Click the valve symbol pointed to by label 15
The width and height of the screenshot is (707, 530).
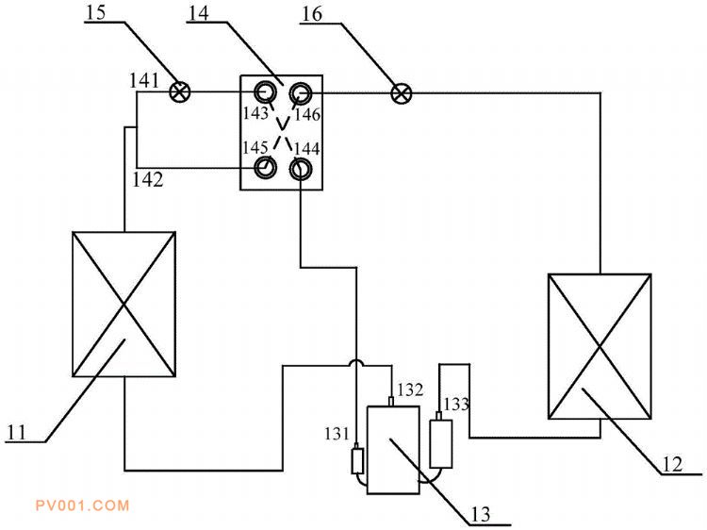click(179, 92)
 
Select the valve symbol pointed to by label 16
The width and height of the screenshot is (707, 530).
click(401, 93)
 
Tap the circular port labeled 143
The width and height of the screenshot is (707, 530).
click(266, 92)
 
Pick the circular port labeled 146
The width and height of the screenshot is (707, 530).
click(300, 93)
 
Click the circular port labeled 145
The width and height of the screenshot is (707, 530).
click(266, 168)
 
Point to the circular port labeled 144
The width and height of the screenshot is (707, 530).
click(300, 170)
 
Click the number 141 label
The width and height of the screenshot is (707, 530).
click(144, 81)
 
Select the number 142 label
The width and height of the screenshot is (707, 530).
click(147, 179)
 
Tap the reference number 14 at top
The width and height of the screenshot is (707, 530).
click(198, 13)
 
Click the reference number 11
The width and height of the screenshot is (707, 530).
click(17, 433)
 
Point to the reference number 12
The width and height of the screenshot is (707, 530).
click(672, 464)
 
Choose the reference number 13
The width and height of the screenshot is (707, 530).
click(481, 514)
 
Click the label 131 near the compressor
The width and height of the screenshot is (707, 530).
click(337, 434)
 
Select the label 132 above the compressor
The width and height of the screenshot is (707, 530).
click(410, 389)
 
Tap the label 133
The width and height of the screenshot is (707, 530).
click(456, 404)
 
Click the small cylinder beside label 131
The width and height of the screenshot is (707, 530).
click(357, 461)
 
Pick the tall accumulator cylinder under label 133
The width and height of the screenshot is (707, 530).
click(441, 443)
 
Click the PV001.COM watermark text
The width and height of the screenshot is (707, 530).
click(83, 505)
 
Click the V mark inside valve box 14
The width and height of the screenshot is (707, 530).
click(282, 123)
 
